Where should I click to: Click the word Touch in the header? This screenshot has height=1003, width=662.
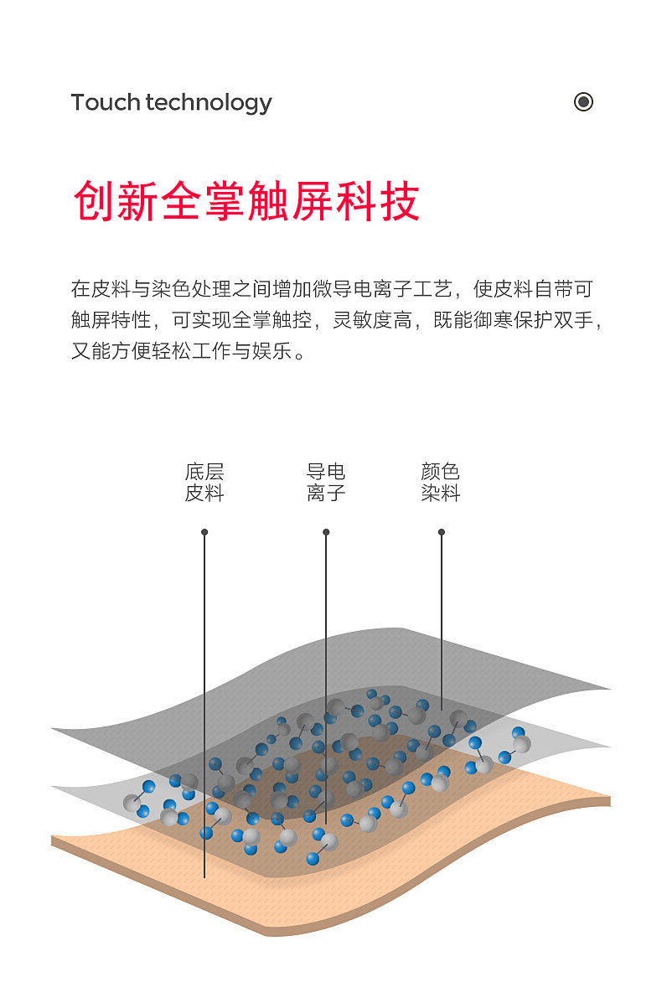[106, 102]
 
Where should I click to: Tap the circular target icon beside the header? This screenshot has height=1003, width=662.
[583, 102]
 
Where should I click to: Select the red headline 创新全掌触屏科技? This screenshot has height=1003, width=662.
[246, 201]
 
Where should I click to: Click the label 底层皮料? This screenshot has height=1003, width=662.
[204, 483]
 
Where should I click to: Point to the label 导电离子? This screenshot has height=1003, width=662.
[326, 483]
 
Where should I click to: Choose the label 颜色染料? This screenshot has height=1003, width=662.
[441, 483]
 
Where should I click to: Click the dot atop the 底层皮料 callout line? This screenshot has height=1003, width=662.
[204, 532]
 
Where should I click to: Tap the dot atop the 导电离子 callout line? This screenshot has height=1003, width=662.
[326, 532]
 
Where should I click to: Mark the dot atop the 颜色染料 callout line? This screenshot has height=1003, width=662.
[442, 532]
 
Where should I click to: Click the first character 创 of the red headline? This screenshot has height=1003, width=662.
[94, 201]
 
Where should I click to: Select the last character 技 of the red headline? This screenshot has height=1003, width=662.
[400, 201]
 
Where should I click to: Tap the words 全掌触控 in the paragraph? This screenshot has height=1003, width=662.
[272, 320]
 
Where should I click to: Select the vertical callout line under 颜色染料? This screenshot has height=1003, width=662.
[442, 620]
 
